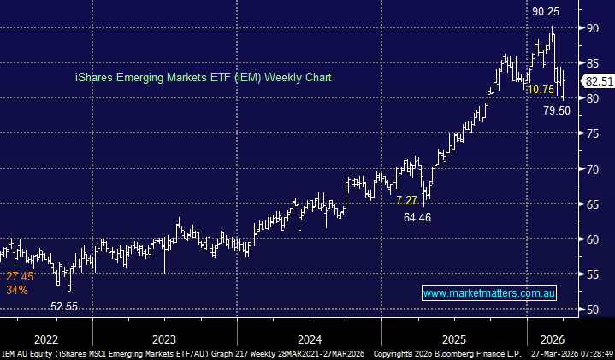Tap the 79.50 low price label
point(557,110)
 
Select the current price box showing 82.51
point(596,81)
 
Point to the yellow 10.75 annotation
point(543,89)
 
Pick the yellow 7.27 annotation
point(407,200)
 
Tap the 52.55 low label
point(70,306)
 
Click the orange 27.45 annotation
point(20,277)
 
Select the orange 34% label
point(17,290)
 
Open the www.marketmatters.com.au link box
point(490,292)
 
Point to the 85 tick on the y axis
point(592,63)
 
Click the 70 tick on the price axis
point(592,168)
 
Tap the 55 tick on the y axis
point(592,274)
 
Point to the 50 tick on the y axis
point(592,309)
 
